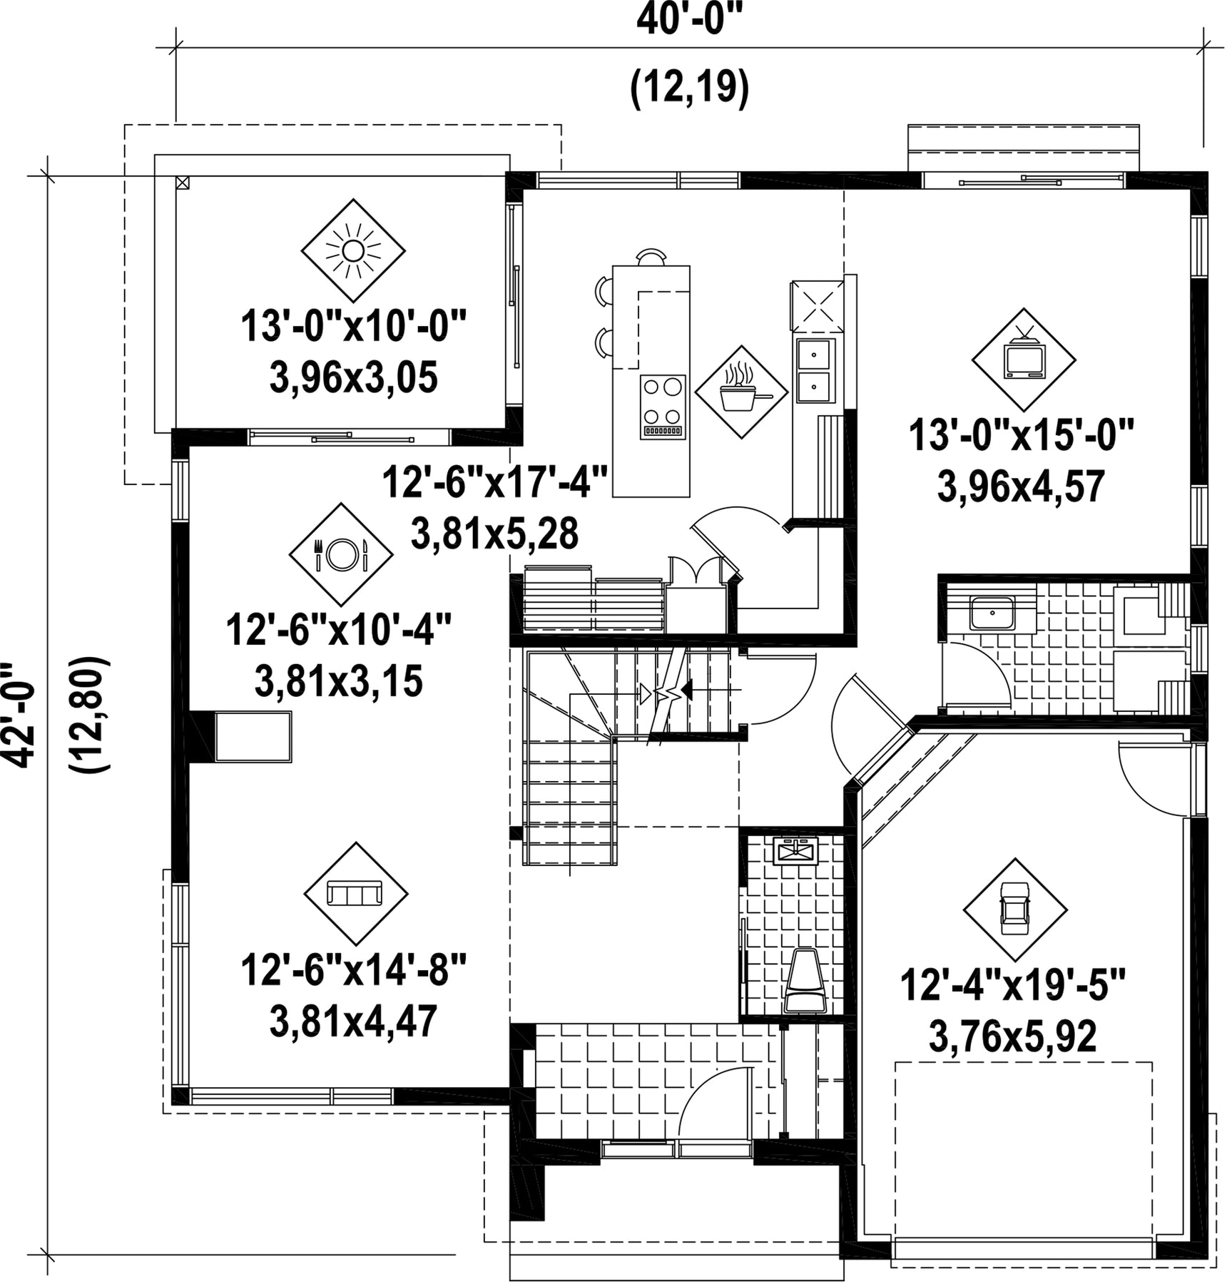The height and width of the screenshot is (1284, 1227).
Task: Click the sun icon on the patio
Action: click(353, 250)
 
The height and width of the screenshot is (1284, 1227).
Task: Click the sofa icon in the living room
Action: click(355, 893)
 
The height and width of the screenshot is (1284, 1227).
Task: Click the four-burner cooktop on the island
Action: click(663, 407)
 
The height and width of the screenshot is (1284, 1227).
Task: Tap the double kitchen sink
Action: click(814, 370)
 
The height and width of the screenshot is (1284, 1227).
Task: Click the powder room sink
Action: click(795, 851)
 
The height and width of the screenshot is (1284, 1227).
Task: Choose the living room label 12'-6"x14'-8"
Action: click(354, 971)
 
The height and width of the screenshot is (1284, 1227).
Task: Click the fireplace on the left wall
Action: click(241, 736)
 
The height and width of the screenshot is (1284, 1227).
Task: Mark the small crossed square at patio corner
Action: click(183, 182)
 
